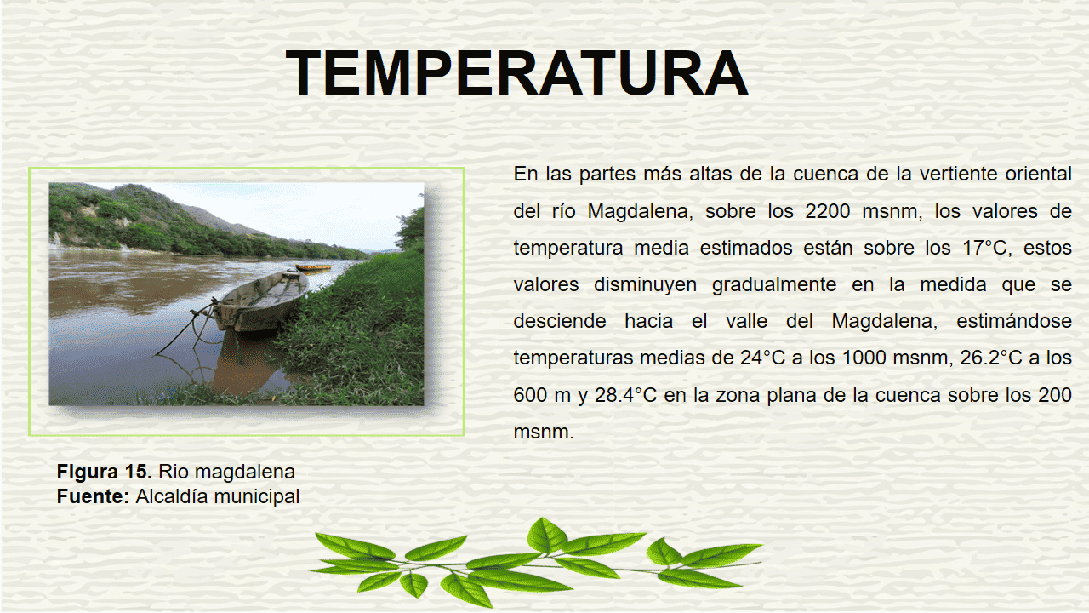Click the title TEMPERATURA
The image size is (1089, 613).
tap(516, 73)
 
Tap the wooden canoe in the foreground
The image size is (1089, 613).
tap(260, 302)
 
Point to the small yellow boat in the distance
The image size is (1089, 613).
tap(313, 267)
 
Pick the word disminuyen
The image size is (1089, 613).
tap(646, 285)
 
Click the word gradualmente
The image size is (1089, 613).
tap(774, 285)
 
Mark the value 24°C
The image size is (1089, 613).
tap(763, 358)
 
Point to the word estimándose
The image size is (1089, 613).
tap(1014, 322)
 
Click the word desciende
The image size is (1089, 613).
tap(560, 322)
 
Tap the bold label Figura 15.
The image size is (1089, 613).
tap(105, 472)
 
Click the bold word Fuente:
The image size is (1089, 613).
tap(93, 496)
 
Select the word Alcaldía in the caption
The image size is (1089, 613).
tap(172, 496)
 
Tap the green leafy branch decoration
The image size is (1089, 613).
tap(536, 563)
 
